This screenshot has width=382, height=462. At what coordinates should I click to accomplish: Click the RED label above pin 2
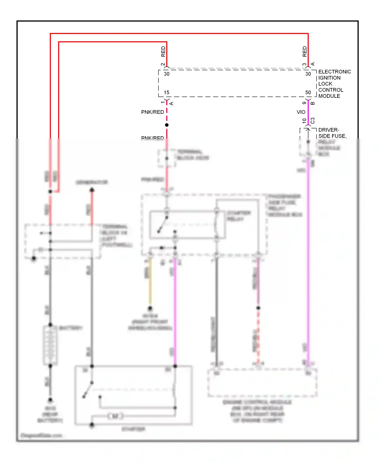click(163, 52)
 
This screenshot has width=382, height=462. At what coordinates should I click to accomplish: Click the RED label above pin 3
click(305, 52)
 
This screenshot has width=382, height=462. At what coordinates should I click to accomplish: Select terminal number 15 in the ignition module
click(167, 92)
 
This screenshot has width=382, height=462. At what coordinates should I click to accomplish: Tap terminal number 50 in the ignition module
click(308, 92)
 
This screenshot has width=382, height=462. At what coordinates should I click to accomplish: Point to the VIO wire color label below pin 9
click(301, 112)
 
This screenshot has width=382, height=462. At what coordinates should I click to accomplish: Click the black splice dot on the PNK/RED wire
click(167, 125)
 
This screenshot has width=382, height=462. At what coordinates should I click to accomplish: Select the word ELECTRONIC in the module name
click(335, 72)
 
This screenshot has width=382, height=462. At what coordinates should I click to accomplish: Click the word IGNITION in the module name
click(329, 78)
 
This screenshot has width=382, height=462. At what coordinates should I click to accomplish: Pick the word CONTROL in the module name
click(331, 90)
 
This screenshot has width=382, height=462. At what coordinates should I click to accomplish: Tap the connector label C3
click(313, 121)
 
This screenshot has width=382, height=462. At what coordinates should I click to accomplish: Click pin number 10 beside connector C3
click(304, 121)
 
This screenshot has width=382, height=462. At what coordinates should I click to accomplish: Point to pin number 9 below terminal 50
click(304, 103)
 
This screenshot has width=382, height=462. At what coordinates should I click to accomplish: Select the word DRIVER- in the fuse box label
click(329, 130)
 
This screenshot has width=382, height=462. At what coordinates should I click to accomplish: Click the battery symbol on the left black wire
click(50, 345)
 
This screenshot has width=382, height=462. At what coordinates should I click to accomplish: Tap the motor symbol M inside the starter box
click(115, 416)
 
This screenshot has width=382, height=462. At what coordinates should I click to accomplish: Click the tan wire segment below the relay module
click(150, 283)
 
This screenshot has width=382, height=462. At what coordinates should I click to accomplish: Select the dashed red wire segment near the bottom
click(258, 336)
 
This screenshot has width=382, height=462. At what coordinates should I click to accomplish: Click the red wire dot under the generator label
click(92, 190)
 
